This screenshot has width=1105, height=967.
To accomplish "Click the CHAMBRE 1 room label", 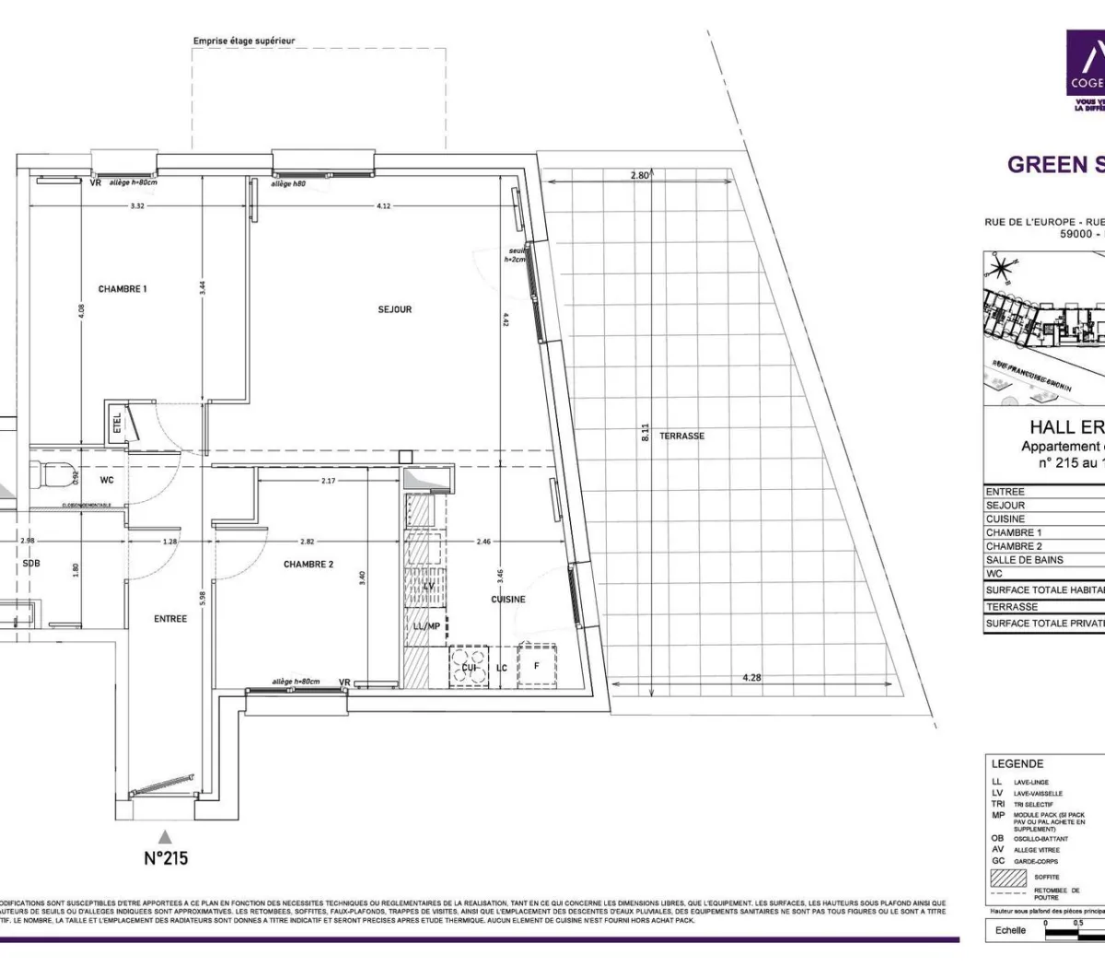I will coord(122,289).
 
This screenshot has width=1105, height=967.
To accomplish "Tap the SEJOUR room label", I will coord(394,309).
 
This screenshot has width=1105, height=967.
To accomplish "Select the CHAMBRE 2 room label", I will coord(308,565).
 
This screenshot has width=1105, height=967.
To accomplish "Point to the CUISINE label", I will coord(507,600).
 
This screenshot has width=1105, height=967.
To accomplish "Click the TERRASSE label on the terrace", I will coord(681,436).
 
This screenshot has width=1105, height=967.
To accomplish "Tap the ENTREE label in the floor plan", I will coord(170,619).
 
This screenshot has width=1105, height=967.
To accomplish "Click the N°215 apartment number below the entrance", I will coord(166,857).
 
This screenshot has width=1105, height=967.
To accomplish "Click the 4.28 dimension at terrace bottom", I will coord(751,678).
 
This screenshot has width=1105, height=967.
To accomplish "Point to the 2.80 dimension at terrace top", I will coord(640,175).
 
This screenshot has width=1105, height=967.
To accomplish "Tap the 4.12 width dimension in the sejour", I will coord(384,206).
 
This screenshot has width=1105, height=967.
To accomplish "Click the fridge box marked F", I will coord(536,666).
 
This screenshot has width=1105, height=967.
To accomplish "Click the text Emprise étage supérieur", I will coord(244,41).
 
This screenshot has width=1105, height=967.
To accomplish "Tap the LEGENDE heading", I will coord(1018,763).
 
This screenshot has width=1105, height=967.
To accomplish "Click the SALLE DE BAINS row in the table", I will coord(1024,560).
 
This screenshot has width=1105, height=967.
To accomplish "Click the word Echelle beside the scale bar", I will coord(1010,930).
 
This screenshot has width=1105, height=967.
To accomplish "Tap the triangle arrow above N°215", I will coord(165,836).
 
